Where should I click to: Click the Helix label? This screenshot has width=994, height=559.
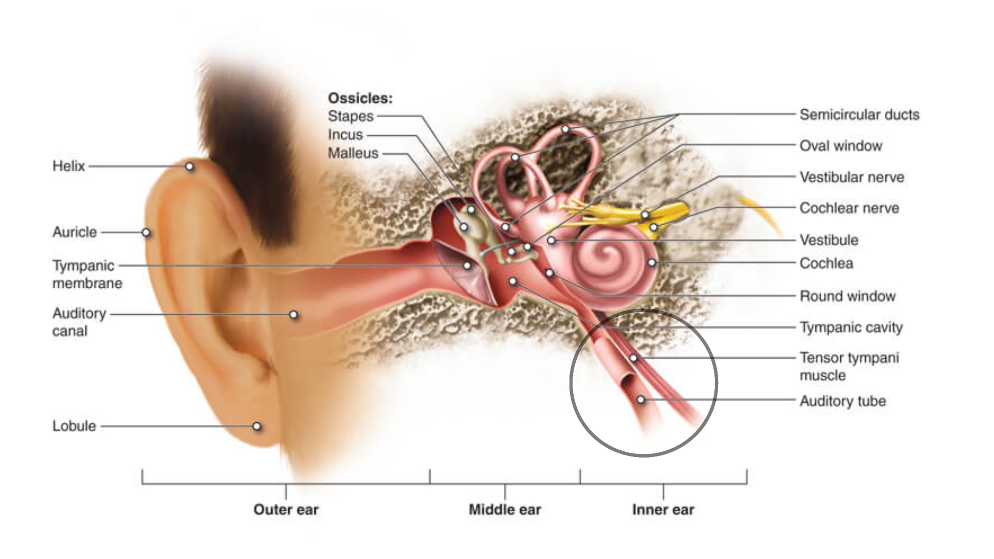[x=68, y=166]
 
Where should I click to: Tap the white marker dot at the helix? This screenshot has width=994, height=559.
[x=189, y=167]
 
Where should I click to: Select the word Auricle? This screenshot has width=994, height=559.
[x=75, y=232]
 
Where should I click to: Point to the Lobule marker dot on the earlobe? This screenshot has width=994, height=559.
[x=256, y=426]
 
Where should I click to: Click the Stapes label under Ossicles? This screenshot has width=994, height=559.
[x=350, y=116]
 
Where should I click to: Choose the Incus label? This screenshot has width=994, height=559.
[x=345, y=135]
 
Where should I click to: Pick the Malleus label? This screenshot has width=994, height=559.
[x=353, y=153]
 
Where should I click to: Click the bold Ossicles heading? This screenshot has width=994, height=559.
[x=360, y=98]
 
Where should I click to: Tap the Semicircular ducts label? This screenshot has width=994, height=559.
[x=859, y=114]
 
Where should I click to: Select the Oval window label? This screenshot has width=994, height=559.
[x=841, y=145]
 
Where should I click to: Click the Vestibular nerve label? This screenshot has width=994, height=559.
[x=852, y=177]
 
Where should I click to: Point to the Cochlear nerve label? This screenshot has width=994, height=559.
[x=849, y=208]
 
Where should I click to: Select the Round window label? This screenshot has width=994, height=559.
[x=847, y=296]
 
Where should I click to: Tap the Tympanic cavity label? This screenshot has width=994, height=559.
[x=851, y=327]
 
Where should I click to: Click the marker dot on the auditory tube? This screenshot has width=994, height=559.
[x=641, y=400]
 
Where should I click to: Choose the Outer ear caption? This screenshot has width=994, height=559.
[x=286, y=509]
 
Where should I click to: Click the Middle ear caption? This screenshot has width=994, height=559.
[x=505, y=509]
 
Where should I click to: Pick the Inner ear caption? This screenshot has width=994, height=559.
[x=663, y=509]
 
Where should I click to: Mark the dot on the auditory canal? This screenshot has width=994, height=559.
[x=294, y=315]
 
